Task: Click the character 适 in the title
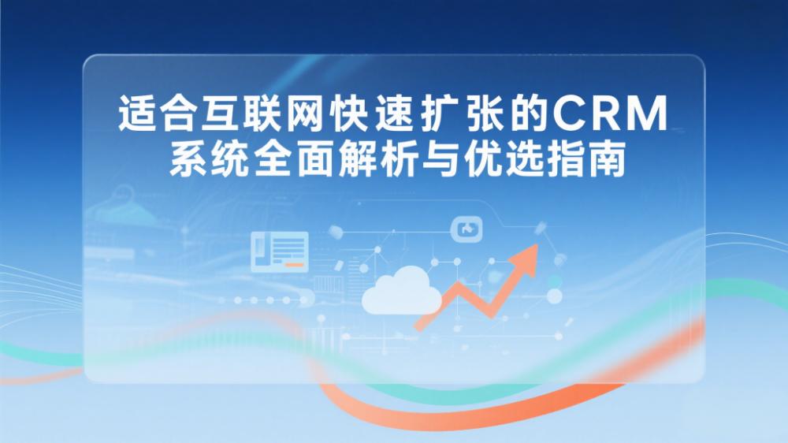136,114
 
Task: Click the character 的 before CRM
527,114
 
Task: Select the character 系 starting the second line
188,159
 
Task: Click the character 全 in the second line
272,159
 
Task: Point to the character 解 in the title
357,159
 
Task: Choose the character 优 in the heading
482,159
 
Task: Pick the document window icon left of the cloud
280,251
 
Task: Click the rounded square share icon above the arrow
466,229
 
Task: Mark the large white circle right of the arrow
554,296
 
